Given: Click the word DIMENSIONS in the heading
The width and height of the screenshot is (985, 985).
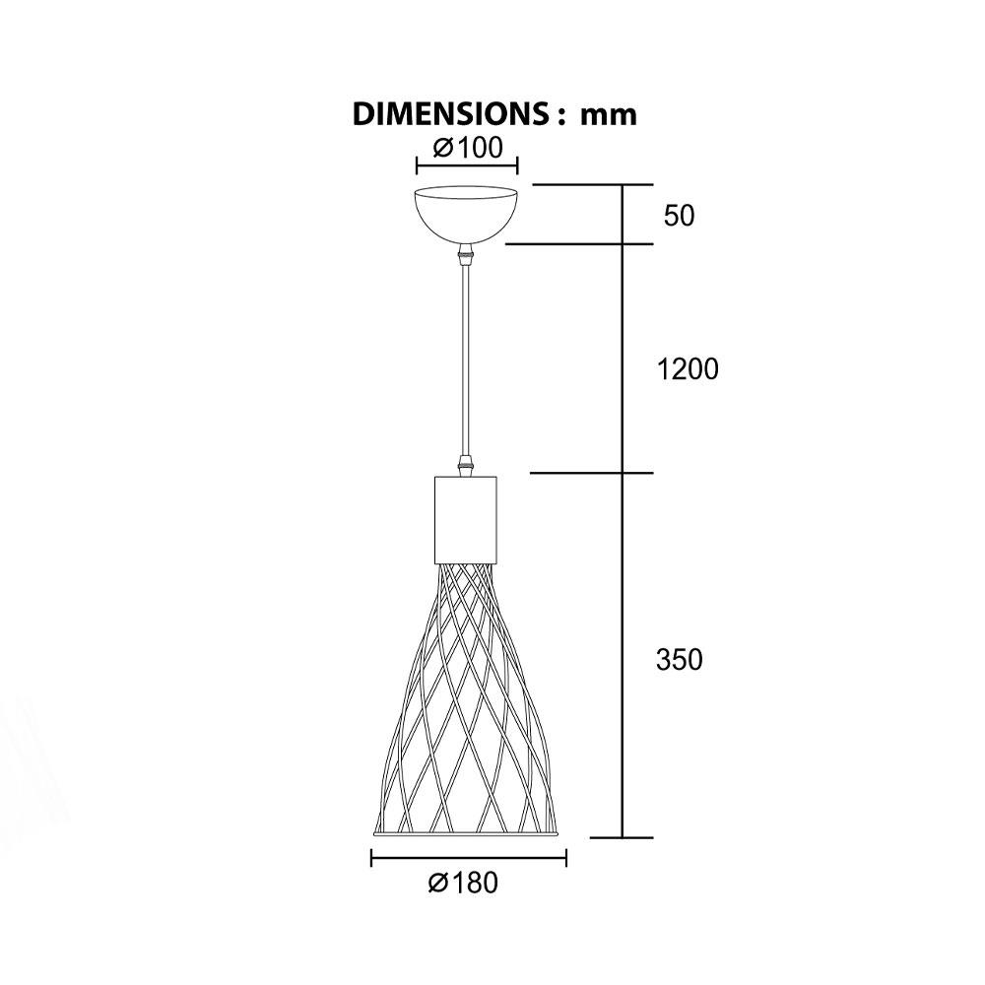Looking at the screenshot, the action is [451, 114].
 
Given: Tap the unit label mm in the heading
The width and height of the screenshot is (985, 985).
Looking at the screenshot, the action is [608, 115].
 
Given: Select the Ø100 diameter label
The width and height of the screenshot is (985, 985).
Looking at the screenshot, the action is [468, 148].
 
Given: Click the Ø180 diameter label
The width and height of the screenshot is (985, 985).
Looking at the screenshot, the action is [463, 883].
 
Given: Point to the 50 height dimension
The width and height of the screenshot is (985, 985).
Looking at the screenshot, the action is [679, 216].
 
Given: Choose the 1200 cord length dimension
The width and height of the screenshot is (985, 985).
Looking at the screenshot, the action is [688, 369].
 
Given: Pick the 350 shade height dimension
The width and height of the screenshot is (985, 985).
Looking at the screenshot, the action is [679, 660].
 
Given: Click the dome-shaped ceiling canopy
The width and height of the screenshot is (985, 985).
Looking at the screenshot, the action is [467, 215].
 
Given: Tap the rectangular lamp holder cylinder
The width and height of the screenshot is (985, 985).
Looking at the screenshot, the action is [466, 519].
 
